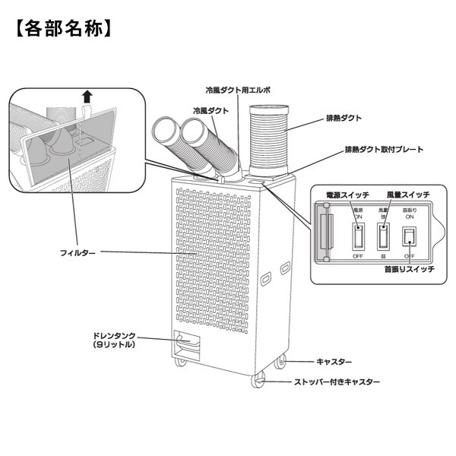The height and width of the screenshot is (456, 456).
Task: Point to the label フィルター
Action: [78, 252]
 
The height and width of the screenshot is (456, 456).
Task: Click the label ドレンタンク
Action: [115, 335]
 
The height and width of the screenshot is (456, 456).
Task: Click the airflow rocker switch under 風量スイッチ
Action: [384, 236]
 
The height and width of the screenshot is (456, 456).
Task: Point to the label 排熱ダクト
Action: [342, 119]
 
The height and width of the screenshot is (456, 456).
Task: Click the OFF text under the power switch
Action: [358, 257]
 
